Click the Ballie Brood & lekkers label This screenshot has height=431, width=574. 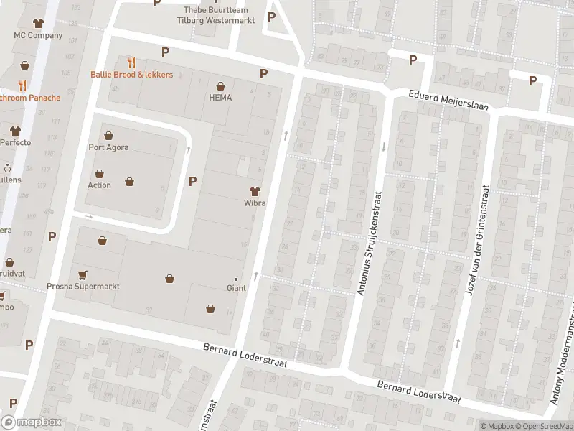tap(131, 75)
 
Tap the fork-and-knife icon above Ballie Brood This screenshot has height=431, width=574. tap(131, 62)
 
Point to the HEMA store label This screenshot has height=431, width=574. tap(220, 98)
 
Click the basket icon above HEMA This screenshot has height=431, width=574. tap(220, 85)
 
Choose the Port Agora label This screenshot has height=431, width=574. tap(108, 147)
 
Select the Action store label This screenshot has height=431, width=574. tap(99, 185)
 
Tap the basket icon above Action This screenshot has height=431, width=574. tap(99, 172)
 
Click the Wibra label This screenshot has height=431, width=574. tap(255, 203)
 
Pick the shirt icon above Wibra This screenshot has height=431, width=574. tap(255, 190)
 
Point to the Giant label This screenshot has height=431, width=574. tap(236, 288)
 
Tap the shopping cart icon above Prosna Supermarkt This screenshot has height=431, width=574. tap(83, 274)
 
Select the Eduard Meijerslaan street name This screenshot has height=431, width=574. tap(448, 101)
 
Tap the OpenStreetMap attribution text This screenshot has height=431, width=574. tap(545, 426)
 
